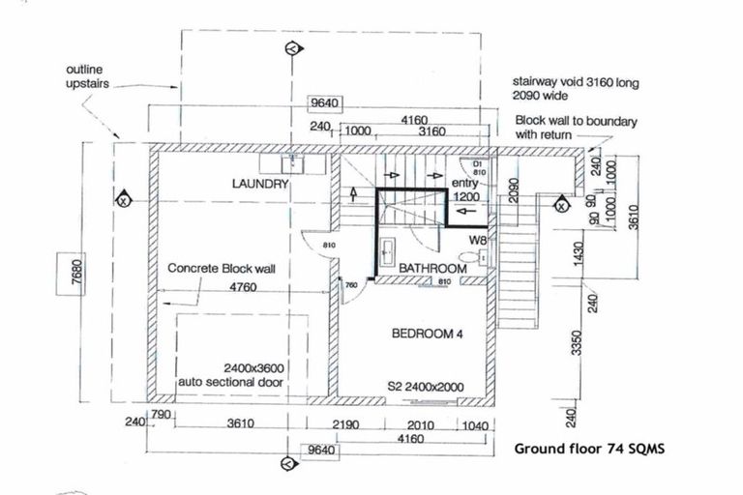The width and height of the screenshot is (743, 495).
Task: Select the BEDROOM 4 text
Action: [429, 334]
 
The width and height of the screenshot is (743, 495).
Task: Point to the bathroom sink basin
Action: [387, 247]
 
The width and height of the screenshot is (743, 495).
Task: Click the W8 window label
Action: [477, 239]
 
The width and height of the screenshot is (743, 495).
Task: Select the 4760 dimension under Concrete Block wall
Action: [242, 286]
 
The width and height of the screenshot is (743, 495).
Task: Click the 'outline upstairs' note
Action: [88, 77]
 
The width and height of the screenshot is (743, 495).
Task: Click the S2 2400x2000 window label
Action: [425, 387]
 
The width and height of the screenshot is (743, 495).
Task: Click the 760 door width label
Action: [350, 284]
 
